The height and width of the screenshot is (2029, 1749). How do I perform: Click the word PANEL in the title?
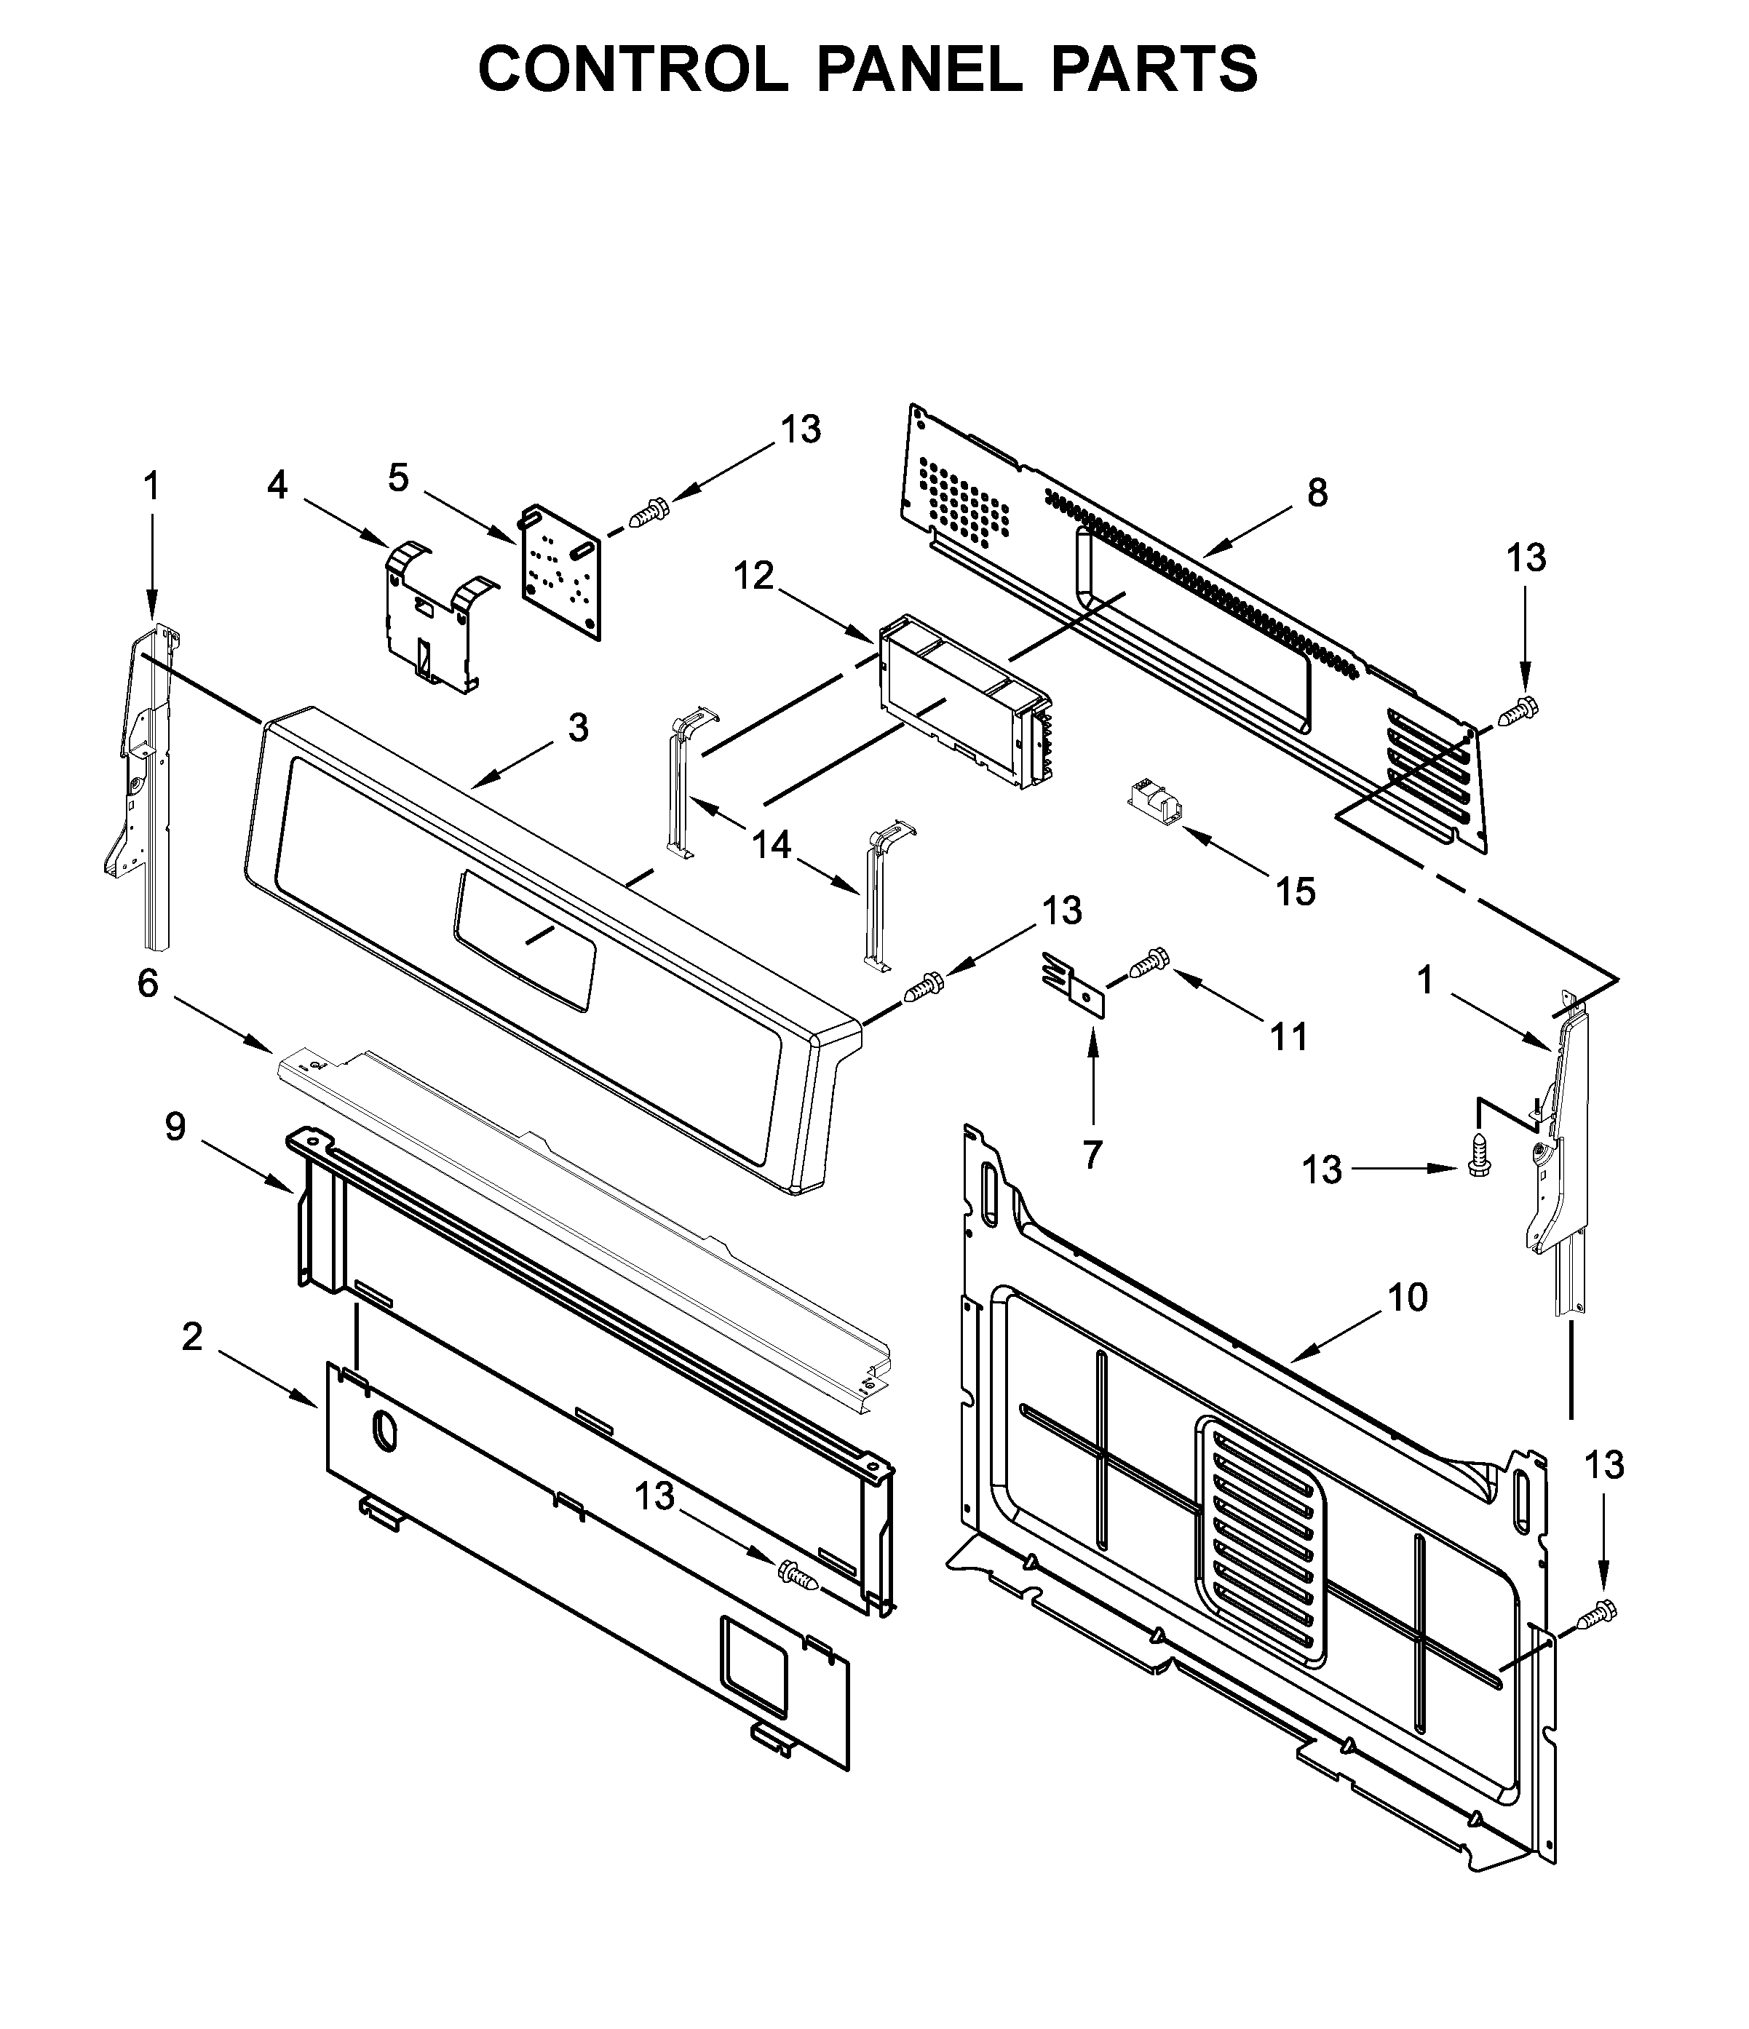point(918,70)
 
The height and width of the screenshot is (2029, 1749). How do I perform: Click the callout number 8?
point(1317,493)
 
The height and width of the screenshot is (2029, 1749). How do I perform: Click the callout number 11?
point(1289,1036)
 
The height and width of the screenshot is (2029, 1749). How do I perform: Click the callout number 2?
point(192,1335)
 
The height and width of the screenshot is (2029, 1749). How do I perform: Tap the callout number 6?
point(147,983)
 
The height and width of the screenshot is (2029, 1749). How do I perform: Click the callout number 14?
point(771,844)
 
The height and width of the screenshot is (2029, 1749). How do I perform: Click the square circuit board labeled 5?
point(560,572)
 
